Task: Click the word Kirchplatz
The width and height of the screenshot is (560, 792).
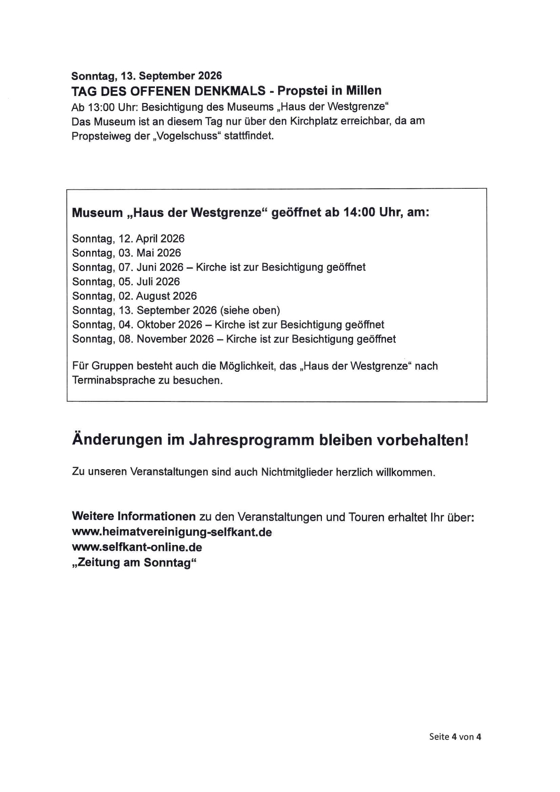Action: click(314, 121)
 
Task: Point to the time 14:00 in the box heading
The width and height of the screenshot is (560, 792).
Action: click(359, 213)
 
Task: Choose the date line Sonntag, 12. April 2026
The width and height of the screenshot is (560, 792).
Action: click(128, 239)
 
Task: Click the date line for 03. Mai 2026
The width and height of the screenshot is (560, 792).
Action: click(127, 253)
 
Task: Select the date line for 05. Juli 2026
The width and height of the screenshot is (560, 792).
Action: click(126, 282)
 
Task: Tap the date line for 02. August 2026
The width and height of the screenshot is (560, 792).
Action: click(135, 296)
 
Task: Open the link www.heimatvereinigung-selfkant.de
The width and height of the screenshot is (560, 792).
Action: click(172, 532)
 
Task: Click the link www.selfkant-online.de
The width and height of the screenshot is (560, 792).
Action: click(137, 547)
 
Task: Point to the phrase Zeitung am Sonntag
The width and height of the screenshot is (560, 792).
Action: click(134, 563)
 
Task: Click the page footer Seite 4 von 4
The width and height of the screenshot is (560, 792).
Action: click(455, 737)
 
